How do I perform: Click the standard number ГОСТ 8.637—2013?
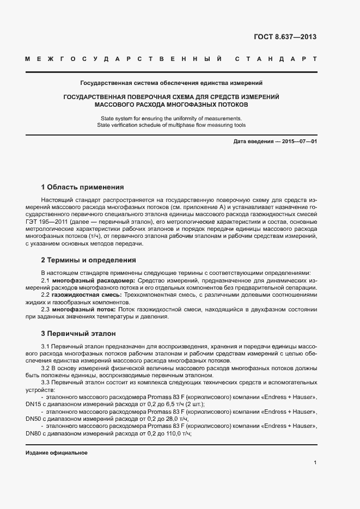tap(285, 38)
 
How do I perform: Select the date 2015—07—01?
tap(298, 142)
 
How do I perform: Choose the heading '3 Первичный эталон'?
tap(78, 333)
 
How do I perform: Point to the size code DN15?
tap(33, 404)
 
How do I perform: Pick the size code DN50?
tap(33, 419)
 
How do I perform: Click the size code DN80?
tap(33, 434)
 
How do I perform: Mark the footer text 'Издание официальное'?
tap(57, 453)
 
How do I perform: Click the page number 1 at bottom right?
tap(315, 463)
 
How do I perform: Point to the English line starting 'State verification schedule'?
tap(171, 125)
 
